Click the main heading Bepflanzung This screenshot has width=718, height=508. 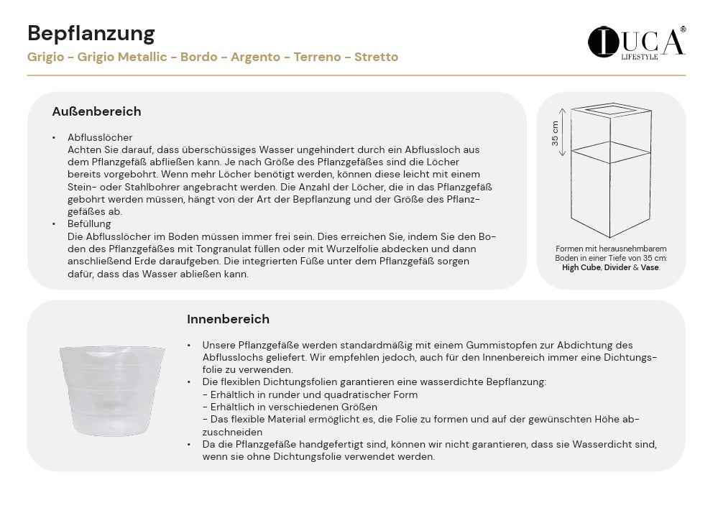91,33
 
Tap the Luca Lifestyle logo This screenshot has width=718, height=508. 636,42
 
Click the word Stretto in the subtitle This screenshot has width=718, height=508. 376,57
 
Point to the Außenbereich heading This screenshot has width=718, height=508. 96,111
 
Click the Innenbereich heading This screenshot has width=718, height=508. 228,319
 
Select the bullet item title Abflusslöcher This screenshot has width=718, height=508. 100,137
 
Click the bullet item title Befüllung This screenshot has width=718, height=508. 90,224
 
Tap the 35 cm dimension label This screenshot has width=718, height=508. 556,131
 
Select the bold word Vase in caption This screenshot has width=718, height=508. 650,267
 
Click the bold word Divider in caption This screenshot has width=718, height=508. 617,267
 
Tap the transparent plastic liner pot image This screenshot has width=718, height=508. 112,389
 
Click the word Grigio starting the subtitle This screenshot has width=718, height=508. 44,57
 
